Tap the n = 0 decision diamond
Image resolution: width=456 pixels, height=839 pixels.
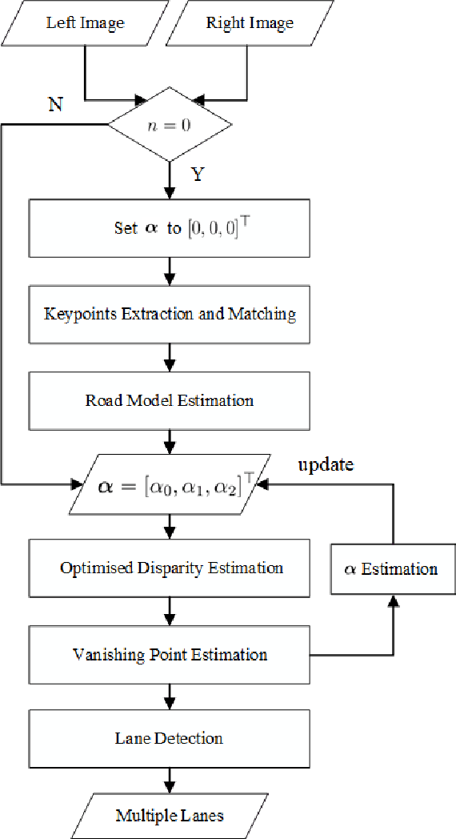click(x=170, y=124)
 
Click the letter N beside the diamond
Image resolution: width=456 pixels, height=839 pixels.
click(x=55, y=105)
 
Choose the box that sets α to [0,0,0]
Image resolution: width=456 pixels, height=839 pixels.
click(x=170, y=228)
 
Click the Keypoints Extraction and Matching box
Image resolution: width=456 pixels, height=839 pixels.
click(x=170, y=314)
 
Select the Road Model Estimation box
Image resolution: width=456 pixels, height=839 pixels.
click(x=170, y=399)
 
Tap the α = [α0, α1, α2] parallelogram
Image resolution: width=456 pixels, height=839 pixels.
click(x=170, y=484)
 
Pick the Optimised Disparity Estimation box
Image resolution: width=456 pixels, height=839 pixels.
click(x=170, y=568)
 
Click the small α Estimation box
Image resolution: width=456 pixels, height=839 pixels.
click(x=392, y=569)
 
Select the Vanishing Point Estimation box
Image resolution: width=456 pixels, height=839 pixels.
click(x=170, y=655)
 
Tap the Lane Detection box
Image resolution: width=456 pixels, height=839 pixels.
click(x=170, y=737)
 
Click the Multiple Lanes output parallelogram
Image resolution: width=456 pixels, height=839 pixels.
click(x=170, y=816)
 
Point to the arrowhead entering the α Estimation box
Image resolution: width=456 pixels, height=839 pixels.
click(x=392, y=600)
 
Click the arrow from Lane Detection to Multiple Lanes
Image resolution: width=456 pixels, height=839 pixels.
click(x=170, y=777)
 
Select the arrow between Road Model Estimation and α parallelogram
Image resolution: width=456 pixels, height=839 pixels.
click(x=170, y=442)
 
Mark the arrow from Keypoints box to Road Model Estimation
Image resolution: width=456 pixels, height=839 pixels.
click(x=170, y=356)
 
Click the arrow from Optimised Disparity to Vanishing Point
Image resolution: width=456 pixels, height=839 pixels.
click(x=170, y=612)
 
